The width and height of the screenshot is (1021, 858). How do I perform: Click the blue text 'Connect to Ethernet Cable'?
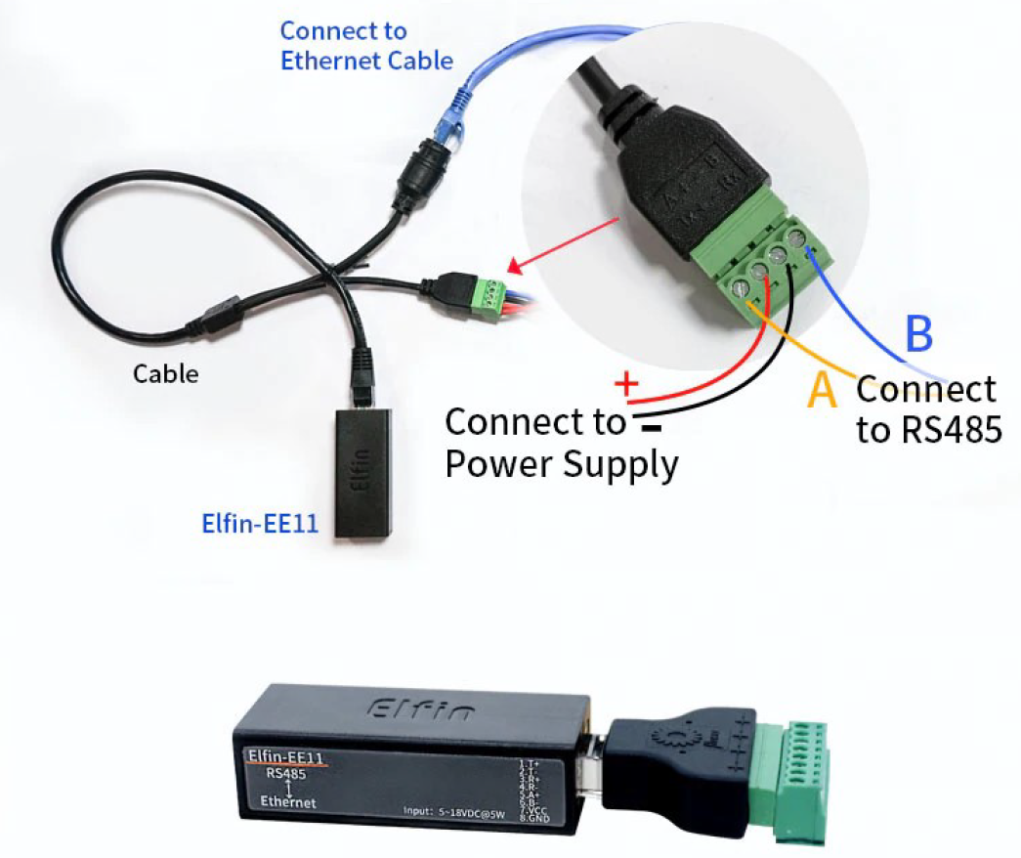[x=366, y=46]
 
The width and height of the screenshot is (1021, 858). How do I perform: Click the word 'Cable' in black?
[x=166, y=373]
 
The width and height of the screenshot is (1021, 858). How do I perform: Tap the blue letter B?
[x=919, y=335]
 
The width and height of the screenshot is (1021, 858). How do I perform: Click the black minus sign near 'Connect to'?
[x=646, y=427]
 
